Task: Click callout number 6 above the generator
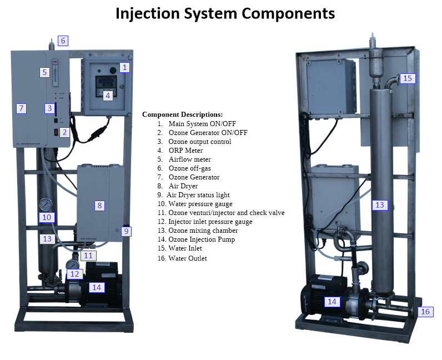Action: pyautogui.click(x=63, y=41)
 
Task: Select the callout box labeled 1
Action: pyautogui.click(x=125, y=67)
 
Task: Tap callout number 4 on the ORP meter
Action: pyautogui.click(x=108, y=95)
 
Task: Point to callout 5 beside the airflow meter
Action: pyautogui.click(x=44, y=72)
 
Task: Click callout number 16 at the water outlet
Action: pyautogui.click(x=425, y=312)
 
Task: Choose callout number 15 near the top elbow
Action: pyautogui.click(x=408, y=78)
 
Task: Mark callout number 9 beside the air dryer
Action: pyautogui.click(x=126, y=231)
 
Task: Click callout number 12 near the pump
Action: pyautogui.click(x=75, y=273)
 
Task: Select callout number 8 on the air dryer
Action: pyautogui.click(x=99, y=206)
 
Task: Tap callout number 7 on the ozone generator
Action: pyautogui.click(x=21, y=108)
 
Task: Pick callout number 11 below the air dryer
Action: pyautogui.click(x=88, y=256)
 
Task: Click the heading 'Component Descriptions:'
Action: pyautogui.click(x=182, y=114)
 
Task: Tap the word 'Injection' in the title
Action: pyautogui.click(x=146, y=13)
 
